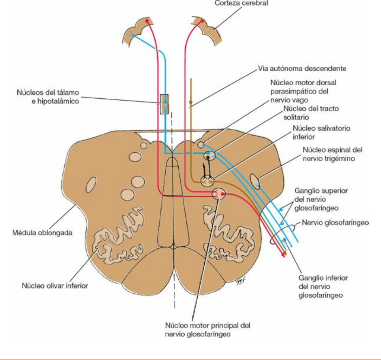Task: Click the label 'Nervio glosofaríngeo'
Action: click(x=335, y=223)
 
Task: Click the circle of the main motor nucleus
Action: click(x=219, y=193)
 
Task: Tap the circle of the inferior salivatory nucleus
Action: click(x=207, y=181)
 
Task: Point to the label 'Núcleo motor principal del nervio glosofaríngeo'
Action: click(x=208, y=330)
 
